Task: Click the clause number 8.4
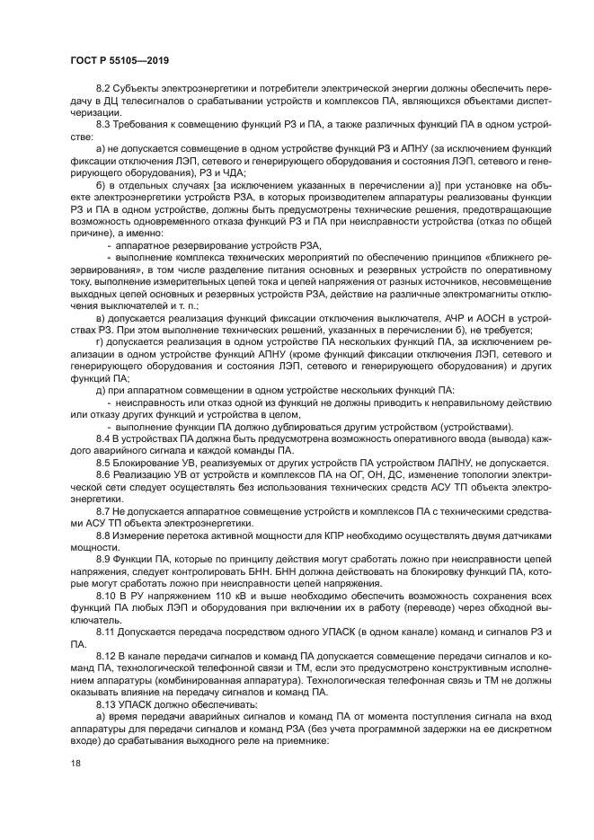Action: click(103, 438)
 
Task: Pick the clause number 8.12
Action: click(106, 660)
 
